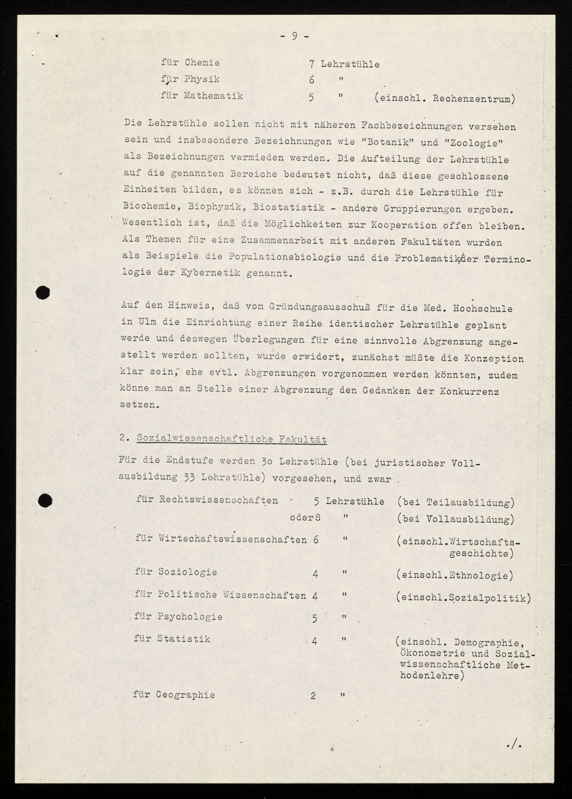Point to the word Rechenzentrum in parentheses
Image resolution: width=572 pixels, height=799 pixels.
tap(471, 99)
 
